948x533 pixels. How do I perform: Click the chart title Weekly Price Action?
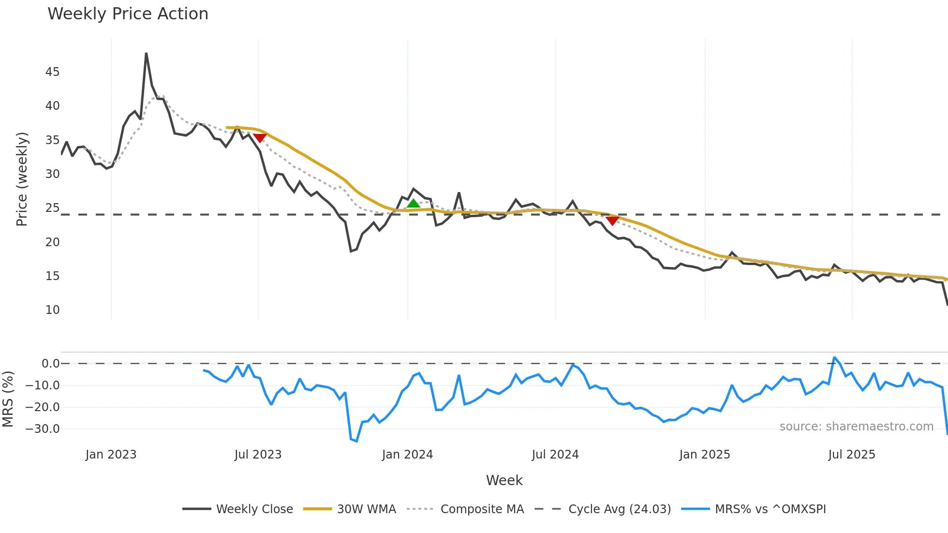click(128, 14)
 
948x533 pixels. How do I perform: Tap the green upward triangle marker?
click(413, 204)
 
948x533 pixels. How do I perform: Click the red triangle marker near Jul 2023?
click(260, 138)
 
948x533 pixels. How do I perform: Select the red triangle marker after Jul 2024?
click(612, 221)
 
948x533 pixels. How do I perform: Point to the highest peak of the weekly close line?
click(146, 53)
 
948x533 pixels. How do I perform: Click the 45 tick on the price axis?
click(52, 72)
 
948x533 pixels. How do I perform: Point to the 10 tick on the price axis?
click(52, 310)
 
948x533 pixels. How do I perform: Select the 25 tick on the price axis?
click(52, 208)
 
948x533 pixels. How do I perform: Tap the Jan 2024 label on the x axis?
click(407, 455)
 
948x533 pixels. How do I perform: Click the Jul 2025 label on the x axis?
click(852, 455)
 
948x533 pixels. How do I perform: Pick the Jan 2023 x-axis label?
click(111, 455)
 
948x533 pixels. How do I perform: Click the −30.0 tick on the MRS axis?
click(43, 429)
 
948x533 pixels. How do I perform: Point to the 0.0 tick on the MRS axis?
click(50, 364)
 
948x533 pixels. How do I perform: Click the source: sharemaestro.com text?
click(856, 427)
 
